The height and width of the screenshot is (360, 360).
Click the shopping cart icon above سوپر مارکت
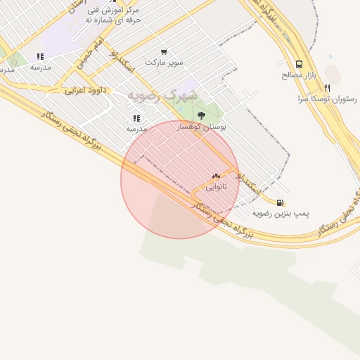pyautogui.click(x=164, y=51)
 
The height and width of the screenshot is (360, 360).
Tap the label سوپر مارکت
pyautogui.click(x=164, y=62)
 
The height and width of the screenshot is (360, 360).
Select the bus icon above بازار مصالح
pyautogui.click(x=300, y=63)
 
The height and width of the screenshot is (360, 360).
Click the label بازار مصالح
pyautogui.click(x=301, y=74)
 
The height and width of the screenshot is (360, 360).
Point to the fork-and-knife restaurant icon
pyautogui.click(x=327, y=89)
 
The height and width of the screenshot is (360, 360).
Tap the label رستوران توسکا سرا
pyautogui.click(x=328, y=99)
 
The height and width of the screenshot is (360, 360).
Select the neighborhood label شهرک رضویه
pyautogui.click(x=162, y=95)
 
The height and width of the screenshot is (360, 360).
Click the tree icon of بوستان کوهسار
pyautogui.click(x=202, y=115)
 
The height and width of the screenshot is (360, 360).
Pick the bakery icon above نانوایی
pyautogui.click(x=216, y=176)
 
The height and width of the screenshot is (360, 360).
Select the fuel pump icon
pyautogui.click(x=281, y=202)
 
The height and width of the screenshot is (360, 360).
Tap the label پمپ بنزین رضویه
pyautogui.click(x=282, y=212)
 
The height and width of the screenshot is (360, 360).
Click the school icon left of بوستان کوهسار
pyautogui.click(x=136, y=118)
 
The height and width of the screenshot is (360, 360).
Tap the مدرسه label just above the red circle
pyautogui.click(x=136, y=129)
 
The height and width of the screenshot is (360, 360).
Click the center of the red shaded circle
pyautogui.click(x=180, y=179)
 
